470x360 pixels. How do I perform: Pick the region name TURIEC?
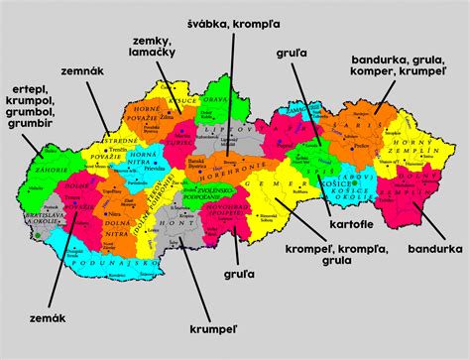coord(182,144)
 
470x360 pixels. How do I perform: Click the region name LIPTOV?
coord(231,130)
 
